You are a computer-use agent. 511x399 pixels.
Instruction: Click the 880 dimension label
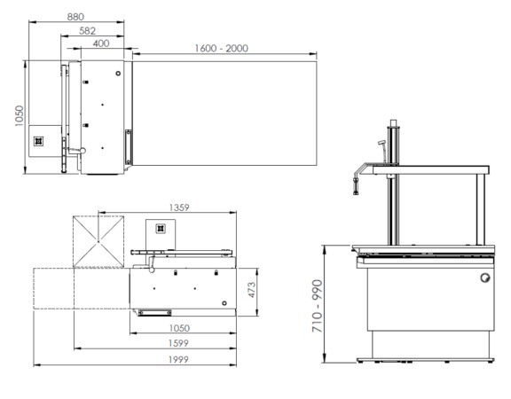(x=75, y=17)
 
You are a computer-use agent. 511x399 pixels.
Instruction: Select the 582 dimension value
(x=87, y=31)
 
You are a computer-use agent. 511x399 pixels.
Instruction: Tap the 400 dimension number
(x=101, y=43)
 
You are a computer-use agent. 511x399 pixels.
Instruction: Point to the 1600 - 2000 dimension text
(x=222, y=48)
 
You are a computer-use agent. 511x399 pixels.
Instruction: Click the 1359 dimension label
(x=179, y=207)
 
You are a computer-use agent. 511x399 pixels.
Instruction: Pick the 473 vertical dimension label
(x=252, y=290)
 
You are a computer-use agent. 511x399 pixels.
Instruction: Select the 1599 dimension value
(x=178, y=343)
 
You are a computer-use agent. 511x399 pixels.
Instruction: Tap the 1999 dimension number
(x=178, y=359)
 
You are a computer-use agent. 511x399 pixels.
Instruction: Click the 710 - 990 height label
(x=317, y=306)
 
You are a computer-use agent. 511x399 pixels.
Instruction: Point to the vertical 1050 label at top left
(x=20, y=115)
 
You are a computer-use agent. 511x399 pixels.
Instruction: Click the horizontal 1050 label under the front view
(x=179, y=328)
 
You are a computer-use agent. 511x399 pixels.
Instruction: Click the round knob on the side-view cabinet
(x=485, y=278)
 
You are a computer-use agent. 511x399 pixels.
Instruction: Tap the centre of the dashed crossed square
(x=98, y=241)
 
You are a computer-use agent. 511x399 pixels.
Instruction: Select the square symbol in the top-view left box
(x=38, y=141)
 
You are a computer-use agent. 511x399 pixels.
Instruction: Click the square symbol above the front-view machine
(x=160, y=229)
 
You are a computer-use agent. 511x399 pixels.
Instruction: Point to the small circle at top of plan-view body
(x=118, y=74)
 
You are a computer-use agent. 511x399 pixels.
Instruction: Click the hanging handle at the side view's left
(x=356, y=186)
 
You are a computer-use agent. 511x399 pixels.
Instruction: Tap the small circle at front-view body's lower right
(x=224, y=303)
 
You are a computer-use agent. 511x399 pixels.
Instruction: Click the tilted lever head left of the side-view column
(x=381, y=143)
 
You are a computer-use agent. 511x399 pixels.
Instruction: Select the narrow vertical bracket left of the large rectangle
(x=129, y=147)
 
